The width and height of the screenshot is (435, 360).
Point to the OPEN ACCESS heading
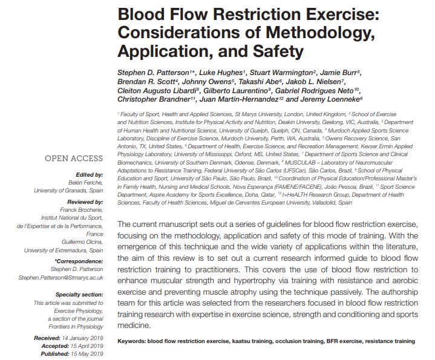click(x=73, y=160)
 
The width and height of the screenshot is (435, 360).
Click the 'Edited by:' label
click(x=87, y=175)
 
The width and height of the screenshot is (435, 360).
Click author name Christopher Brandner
click(x=154, y=99)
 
